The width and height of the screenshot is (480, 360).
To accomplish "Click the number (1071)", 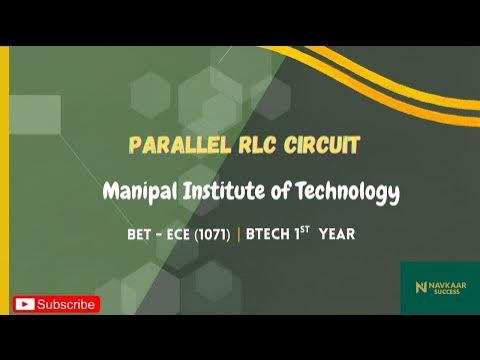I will coord(212,235).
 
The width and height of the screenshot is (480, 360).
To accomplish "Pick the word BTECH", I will coord(268,235).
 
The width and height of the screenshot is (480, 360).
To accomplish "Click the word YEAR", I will coord(337,235).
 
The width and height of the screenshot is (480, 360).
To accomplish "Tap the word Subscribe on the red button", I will coord(66,304).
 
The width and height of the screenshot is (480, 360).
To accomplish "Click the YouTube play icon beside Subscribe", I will coord(25,304).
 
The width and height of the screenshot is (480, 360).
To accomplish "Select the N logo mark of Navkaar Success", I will coord(420,288).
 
